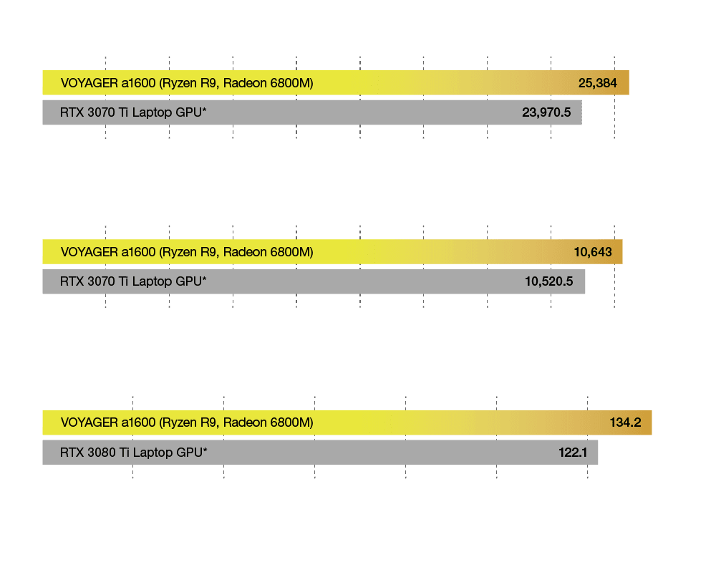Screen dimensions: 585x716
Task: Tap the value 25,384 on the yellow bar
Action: (x=597, y=83)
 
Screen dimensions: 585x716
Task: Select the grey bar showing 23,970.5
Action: (x=311, y=112)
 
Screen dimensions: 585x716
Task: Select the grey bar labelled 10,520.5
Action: (x=314, y=281)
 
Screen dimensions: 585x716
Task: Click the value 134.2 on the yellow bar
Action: (x=624, y=422)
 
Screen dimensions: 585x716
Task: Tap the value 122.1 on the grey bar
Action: (x=573, y=452)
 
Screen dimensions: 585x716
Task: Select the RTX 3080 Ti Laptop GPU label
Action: (x=134, y=452)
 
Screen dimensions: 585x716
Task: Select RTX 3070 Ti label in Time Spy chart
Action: (x=134, y=281)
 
